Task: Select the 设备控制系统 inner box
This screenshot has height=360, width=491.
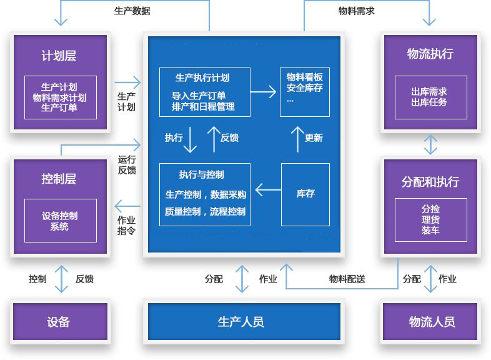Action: point(61,221)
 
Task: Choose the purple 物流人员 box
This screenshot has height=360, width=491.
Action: point(432,322)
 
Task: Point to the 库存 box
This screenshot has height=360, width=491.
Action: point(305,194)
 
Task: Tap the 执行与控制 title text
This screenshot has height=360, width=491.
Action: point(201,174)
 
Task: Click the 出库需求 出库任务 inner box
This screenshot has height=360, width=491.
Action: point(430,97)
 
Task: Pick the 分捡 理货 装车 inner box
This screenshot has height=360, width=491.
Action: point(430,219)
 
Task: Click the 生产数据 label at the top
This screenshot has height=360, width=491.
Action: point(132,11)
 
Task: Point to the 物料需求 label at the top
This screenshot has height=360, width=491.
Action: point(357,11)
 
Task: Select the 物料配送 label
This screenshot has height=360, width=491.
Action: point(347,279)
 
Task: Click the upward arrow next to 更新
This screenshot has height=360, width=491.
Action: point(297,139)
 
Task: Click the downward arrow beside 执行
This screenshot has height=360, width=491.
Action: point(191,140)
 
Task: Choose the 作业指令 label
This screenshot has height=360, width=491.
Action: point(126,226)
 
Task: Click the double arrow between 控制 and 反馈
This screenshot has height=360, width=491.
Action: point(61,279)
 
